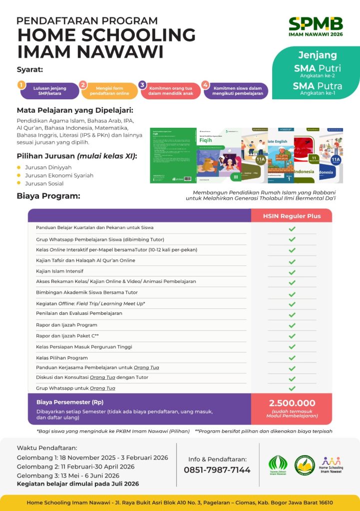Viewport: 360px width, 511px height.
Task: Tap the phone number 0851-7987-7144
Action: [217, 470]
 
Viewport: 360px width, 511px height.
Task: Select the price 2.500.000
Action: [292, 403]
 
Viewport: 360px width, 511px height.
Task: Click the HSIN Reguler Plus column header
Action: [292, 216]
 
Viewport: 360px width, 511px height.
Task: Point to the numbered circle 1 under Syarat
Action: [21, 85]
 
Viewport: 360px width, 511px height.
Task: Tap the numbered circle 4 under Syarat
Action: [206, 85]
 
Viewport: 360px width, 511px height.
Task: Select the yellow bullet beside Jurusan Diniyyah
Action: [19, 167]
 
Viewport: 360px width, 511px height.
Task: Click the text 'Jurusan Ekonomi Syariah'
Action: [59, 175]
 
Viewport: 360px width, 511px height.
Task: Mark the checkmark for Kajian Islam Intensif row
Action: [292, 271]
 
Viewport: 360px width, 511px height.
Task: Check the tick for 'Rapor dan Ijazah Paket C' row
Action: [292, 336]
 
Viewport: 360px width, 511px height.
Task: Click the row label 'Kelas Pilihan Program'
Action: [62, 358]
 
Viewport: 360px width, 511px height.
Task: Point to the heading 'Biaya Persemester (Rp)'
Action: [70, 402]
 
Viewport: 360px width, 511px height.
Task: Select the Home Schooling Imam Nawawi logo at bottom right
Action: [333, 465]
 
